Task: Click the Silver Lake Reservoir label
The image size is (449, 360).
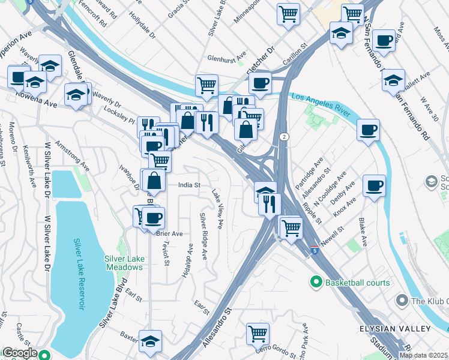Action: click(x=78, y=274)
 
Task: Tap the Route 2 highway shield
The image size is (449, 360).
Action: click(x=284, y=137)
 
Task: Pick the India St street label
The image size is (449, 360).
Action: click(x=188, y=185)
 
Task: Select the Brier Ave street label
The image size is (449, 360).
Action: click(x=169, y=233)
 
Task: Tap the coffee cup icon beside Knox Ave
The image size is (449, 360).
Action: click(x=374, y=185)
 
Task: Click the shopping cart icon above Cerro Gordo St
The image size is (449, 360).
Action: click(x=258, y=333)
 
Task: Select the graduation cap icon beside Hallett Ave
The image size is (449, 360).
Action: click(x=393, y=80)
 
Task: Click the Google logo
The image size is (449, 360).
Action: click(x=19, y=353)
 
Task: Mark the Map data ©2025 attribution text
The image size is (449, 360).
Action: click(x=423, y=355)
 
